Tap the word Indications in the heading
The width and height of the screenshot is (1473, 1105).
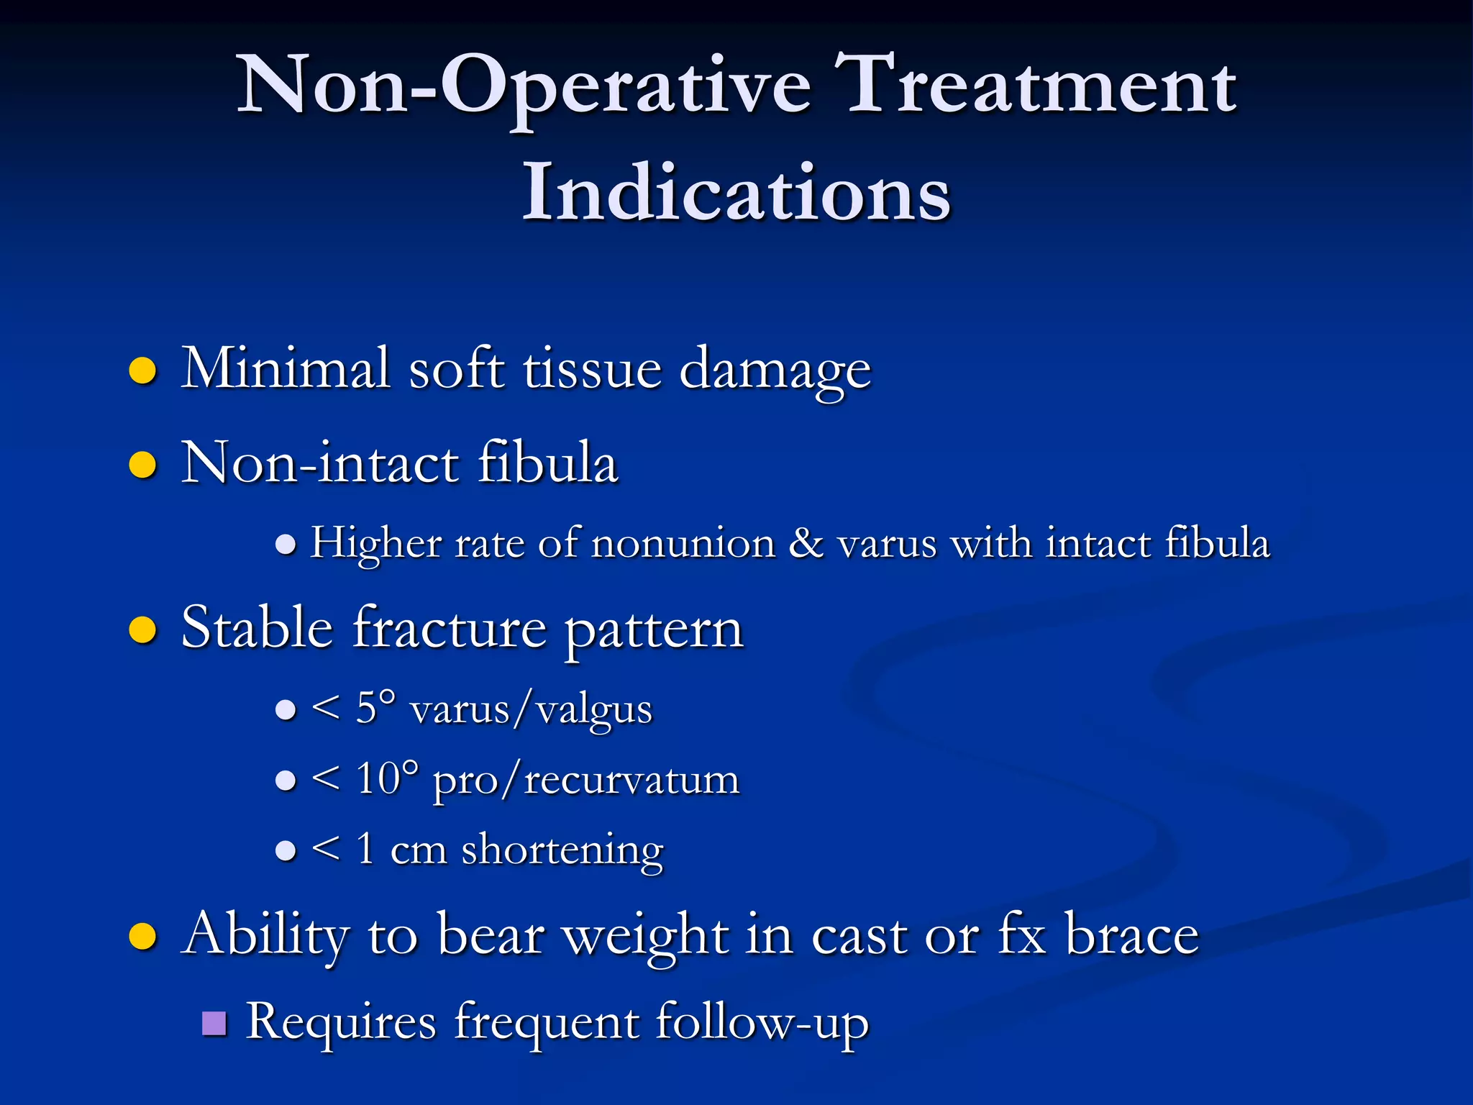736,193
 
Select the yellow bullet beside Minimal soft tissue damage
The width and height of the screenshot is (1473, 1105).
142,371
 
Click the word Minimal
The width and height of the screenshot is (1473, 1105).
285,368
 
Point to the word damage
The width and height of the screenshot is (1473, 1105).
775,371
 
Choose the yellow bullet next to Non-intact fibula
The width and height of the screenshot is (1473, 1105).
142,465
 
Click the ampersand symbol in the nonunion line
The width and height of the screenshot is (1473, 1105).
806,543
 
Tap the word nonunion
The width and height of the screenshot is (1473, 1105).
683,543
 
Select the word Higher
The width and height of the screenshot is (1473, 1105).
375,543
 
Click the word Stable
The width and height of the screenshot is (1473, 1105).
257,627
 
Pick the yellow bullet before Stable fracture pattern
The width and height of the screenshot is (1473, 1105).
142,630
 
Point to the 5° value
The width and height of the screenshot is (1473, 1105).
375,708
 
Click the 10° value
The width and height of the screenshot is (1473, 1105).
386,778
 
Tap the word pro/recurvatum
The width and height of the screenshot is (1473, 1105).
585,780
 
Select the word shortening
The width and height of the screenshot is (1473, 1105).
562,850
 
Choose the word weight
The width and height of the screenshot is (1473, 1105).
645,935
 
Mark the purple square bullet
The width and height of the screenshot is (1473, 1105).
214,1023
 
